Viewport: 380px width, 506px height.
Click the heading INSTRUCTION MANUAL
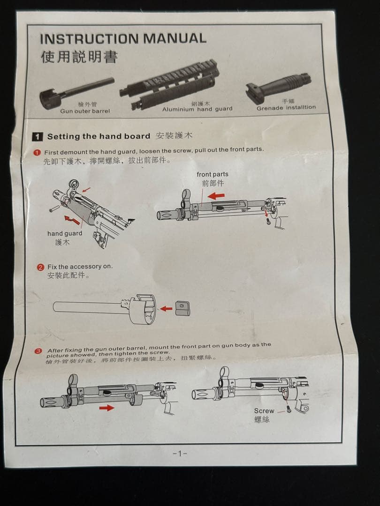tap(123, 38)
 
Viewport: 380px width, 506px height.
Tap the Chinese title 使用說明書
tap(79, 57)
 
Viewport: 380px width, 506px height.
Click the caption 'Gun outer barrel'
tap(85, 111)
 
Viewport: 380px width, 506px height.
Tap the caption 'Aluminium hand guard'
tap(197, 109)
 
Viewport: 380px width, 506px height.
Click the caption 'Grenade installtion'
tap(286, 108)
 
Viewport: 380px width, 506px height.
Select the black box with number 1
tap(38, 137)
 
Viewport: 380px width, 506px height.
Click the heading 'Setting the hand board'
tap(99, 136)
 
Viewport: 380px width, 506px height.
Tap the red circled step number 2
tap(41, 267)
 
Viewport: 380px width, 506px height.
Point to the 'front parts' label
tap(213, 174)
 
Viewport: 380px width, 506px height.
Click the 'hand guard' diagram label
tap(65, 233)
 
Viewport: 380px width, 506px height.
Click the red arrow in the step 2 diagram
tap(166, 308)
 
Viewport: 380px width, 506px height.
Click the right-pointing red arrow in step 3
tap(106, 408)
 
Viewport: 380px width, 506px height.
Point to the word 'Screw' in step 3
tap(264, 410)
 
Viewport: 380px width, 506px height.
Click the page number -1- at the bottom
tap(180, 453)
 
